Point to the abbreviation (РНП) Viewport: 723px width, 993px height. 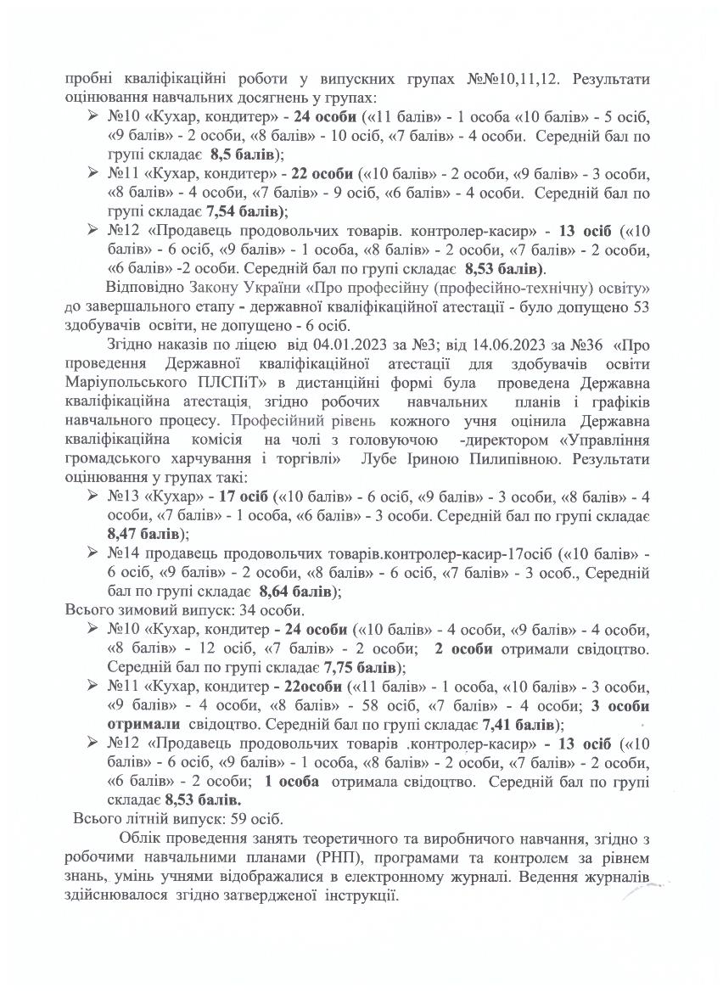pyautogui.click(x=287, y=858)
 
